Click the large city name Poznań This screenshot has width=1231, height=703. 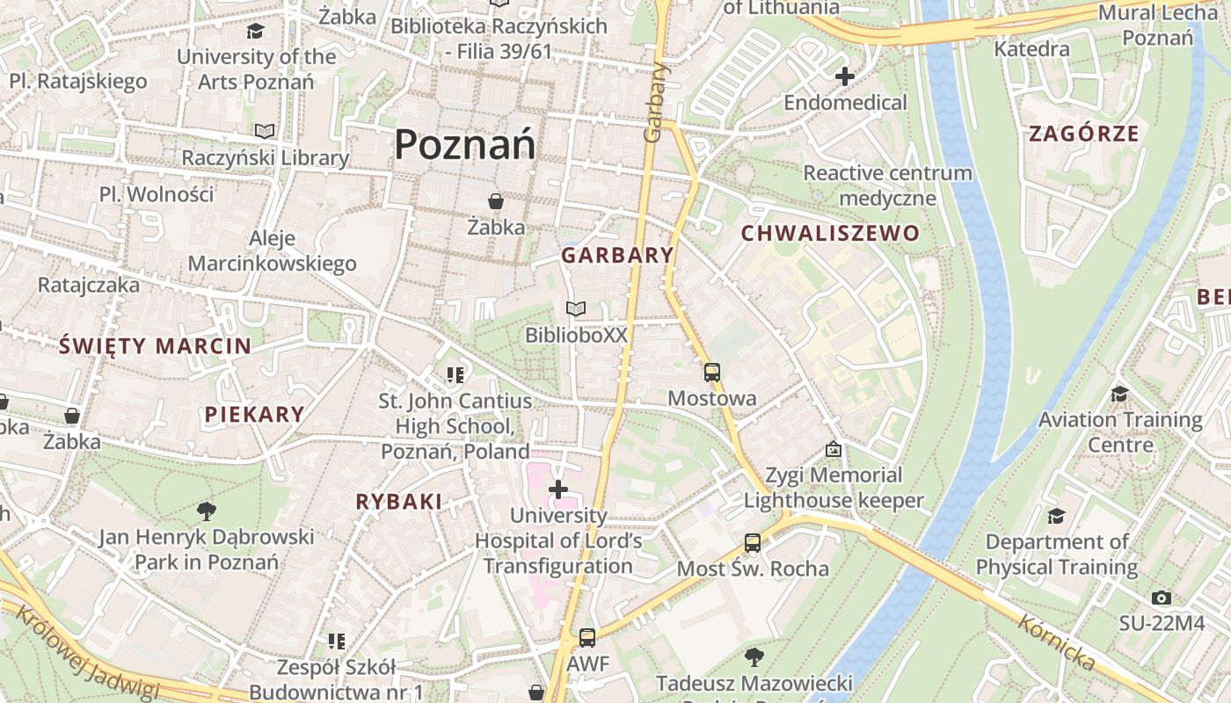click(464, 144)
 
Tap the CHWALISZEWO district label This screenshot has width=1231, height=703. click(830, 234)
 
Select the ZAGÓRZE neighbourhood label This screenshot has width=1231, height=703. click(1083, 134)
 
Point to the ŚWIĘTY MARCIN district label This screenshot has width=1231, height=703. click(155, 346)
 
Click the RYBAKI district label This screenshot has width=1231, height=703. click(398, 502)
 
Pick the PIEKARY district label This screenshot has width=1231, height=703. click(255, 415)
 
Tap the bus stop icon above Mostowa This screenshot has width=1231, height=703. click(712, 373)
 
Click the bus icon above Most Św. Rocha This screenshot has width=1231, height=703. click(753, 543)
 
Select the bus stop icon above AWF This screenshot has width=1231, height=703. click(587, 638)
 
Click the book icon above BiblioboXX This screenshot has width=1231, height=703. click(576, 309)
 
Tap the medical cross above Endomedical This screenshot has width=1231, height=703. click(845, 76)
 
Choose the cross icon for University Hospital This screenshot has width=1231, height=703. click(558, 489)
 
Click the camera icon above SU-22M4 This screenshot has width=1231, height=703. click(1162, 598)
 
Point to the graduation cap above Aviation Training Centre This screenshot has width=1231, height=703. click(1119, 394)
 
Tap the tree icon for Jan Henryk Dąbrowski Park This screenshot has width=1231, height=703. click(207, 511)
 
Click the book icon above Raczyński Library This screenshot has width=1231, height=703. click(265, 132)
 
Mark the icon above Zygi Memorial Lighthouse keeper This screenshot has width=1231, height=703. click(833, 450)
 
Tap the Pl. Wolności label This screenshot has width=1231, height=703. click(157, 194)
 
